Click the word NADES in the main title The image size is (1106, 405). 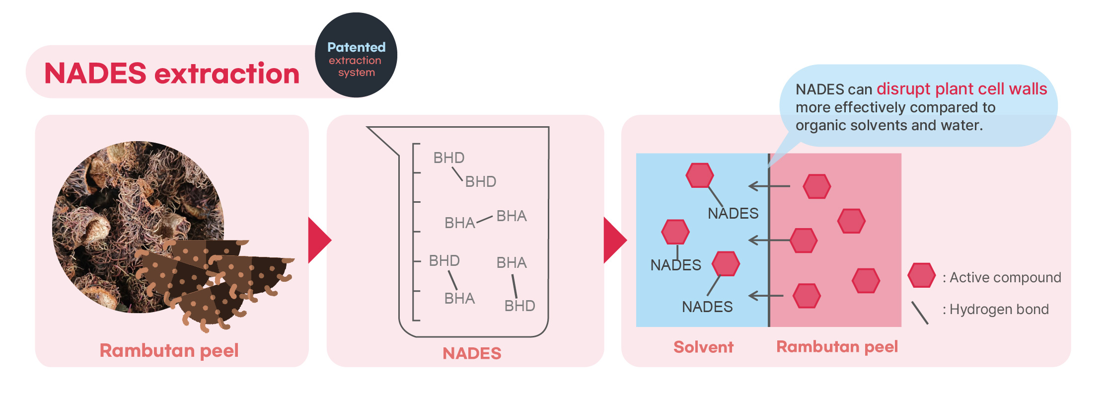95,74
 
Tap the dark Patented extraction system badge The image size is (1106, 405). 356,55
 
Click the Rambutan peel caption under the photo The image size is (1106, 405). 169,350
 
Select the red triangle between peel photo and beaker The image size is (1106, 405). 319,240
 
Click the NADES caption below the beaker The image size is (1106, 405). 472,353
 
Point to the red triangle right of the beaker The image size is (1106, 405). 614,240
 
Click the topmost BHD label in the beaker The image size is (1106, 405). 449,158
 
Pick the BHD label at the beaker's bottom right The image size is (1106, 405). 519,306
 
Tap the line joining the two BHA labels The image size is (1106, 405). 484,220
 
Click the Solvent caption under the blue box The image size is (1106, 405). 703,347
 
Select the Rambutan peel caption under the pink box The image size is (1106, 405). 837,346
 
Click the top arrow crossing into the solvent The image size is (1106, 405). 769,186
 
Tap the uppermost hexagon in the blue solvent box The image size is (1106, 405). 700,175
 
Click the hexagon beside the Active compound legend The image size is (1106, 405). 921,275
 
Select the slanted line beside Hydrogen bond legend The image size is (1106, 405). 920,313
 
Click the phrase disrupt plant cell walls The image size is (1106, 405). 961,89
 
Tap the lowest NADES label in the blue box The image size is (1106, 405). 707,307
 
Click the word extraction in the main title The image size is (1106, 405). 227,74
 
